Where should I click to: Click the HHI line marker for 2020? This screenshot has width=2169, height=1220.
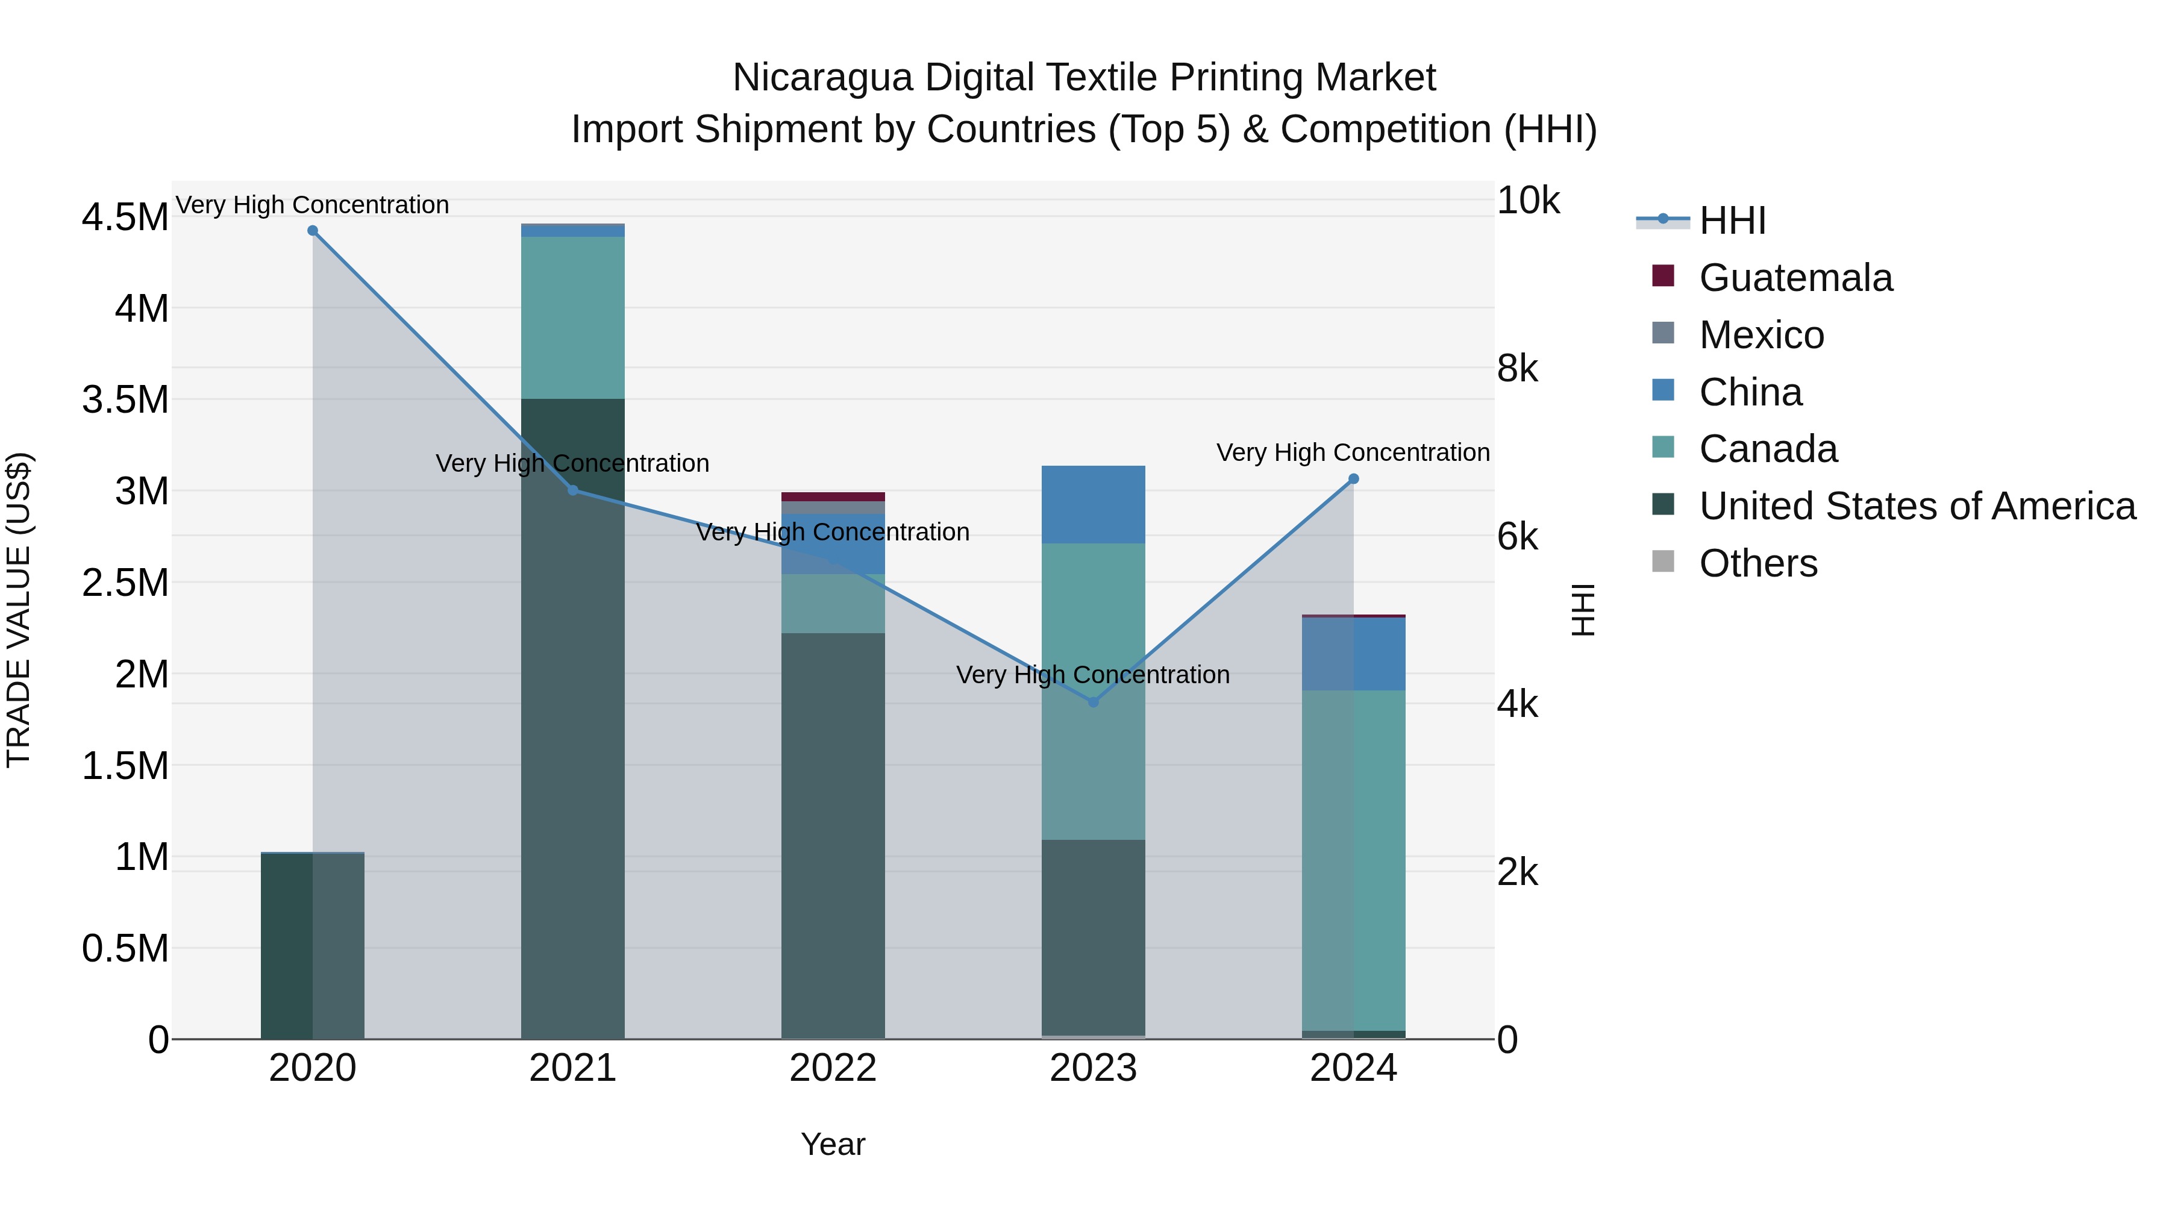coord(312,231)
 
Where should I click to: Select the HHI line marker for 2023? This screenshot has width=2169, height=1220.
coord(1093,702)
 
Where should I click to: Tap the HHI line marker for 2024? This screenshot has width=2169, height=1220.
coord(1353,479)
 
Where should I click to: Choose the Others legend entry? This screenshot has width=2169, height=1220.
coord(1757,563)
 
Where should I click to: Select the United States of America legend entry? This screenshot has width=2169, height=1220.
coord(1917,506)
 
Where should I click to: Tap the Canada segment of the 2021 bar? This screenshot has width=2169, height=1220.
coord(572,318)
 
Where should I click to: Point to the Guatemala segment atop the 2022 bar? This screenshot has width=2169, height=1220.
coord(833,497)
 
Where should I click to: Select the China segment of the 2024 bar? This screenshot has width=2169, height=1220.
coord(1353,654)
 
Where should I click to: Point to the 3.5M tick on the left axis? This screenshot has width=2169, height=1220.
coord(125,400)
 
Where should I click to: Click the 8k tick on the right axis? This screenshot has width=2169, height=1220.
coord(1517,369)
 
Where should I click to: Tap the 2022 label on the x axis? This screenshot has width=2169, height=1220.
coord(833,1068)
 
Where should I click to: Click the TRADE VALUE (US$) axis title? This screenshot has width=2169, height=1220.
coord(19,610)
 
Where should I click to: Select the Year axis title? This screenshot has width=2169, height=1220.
coord(833,1144)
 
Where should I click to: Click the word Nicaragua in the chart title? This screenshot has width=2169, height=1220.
coord(822,78)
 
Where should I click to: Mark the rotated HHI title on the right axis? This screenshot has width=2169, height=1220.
coord(1583,610)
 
